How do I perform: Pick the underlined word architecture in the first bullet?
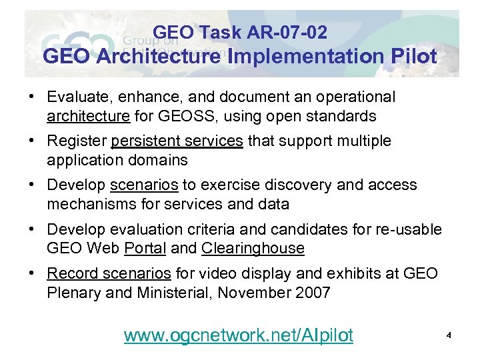89,116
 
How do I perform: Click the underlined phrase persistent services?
177,141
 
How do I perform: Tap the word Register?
77,141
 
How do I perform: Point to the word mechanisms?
89,204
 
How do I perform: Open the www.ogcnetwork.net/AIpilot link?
239,335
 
